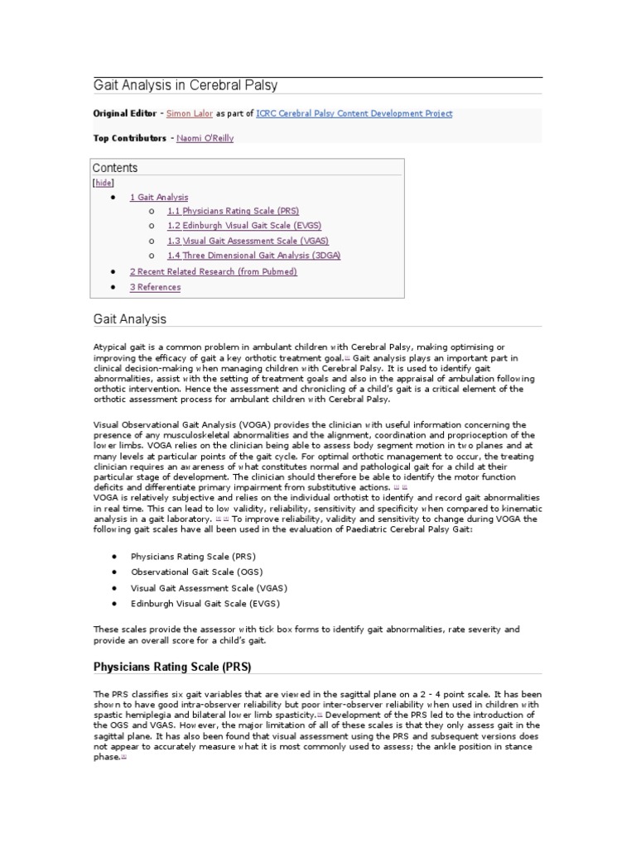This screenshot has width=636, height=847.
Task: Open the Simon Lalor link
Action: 190,114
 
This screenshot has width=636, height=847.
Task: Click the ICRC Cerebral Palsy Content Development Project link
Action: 354,114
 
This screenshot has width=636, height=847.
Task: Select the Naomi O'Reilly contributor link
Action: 205,138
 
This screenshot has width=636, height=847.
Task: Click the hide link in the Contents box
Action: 104,183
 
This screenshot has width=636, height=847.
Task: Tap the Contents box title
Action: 115,168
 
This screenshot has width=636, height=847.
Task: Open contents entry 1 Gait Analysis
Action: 159,198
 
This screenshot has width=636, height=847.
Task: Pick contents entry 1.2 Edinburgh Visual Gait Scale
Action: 243,226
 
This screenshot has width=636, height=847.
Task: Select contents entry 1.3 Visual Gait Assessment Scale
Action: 248,241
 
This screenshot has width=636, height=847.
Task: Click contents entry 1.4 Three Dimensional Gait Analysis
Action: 253,256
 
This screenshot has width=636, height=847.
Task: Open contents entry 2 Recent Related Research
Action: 213,271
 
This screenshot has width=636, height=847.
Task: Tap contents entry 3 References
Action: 155,287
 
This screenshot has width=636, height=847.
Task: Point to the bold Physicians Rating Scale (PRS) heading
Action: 171,667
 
